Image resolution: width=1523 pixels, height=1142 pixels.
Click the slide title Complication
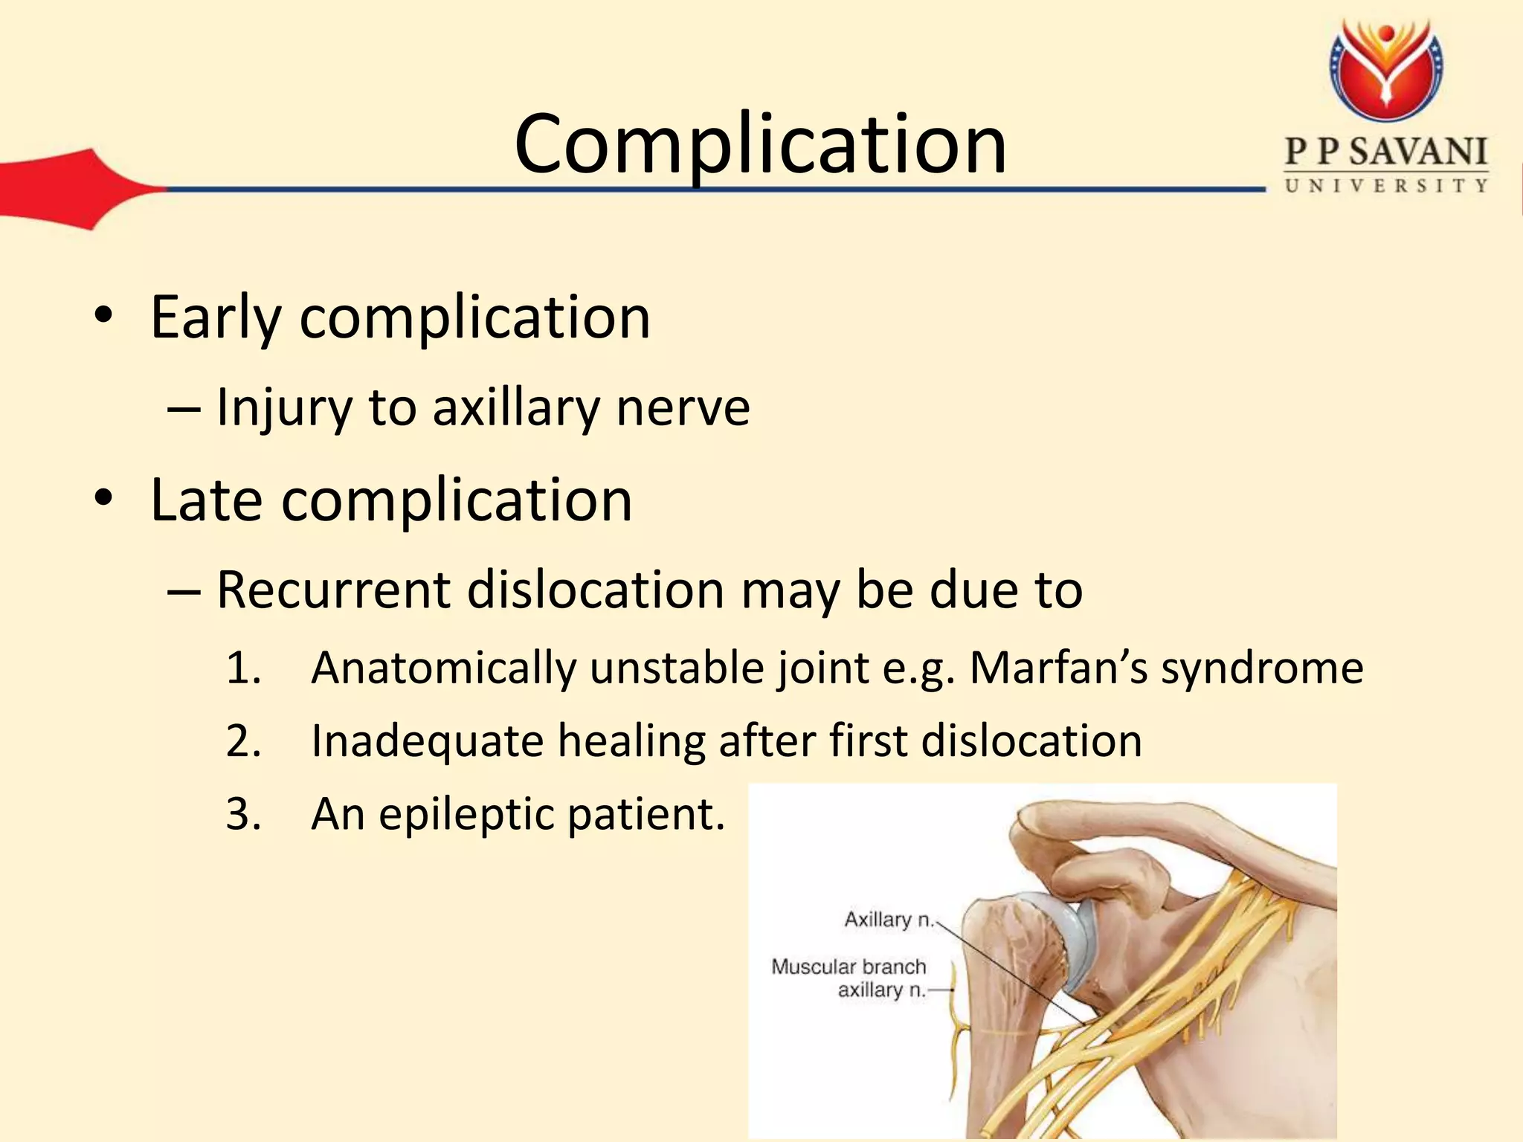click(x=760, y=144)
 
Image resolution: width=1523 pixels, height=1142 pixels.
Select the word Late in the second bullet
click(x=206, y=500)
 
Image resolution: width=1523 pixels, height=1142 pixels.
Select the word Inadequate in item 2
click(x=427, y=741)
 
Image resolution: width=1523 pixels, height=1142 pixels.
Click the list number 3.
click(x=243, y=814)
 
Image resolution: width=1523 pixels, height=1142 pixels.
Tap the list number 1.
click(x=243, y=667)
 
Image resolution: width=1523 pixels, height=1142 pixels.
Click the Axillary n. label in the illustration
click(x=888, y=920)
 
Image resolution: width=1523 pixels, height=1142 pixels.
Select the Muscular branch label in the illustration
click(x=849, y=967)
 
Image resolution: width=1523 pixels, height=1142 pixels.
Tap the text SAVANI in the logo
click(x=1417, y=152)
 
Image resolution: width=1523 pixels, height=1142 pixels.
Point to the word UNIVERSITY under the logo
click(x=1386, y=186)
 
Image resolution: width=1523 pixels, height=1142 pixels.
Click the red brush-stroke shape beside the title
click(x=67, y=189)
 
